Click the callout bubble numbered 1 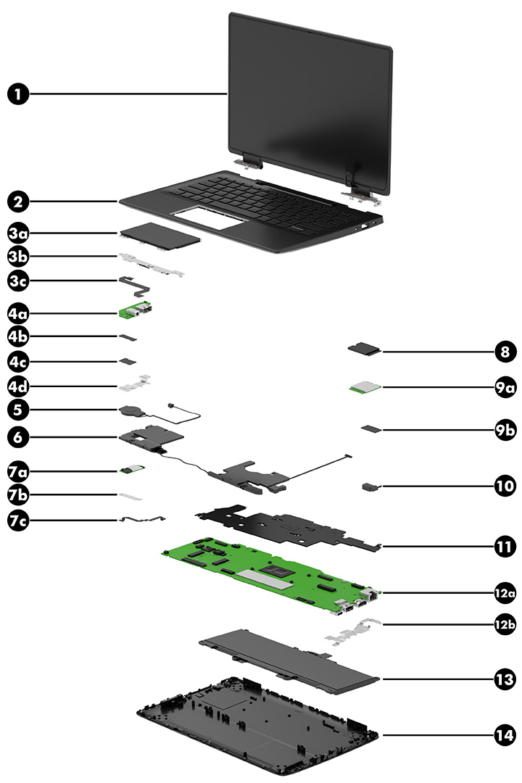[x=19, y=94]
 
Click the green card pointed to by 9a [x=366, y=388]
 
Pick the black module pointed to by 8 [x=365, y=351]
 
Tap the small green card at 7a [x=133, y=471]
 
